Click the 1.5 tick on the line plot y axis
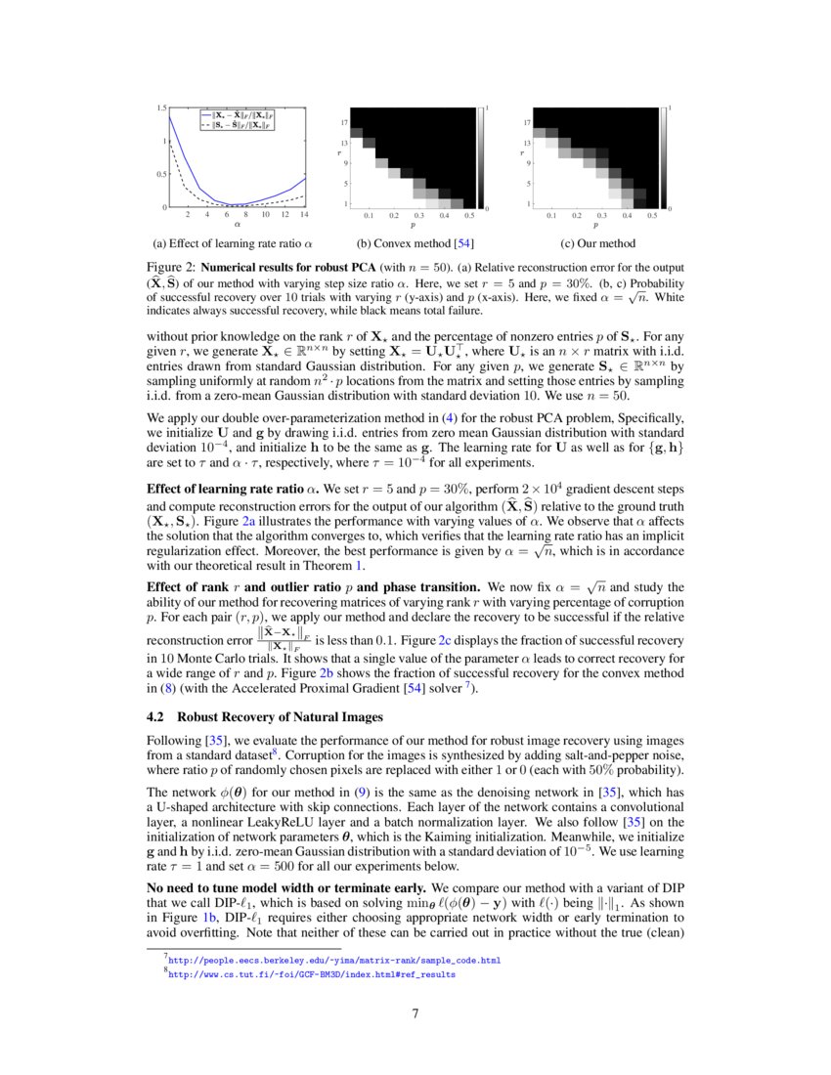point(161,107)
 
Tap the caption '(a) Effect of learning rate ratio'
point(233,243)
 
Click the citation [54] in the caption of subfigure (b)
point(459,243)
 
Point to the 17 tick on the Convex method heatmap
point(345,123)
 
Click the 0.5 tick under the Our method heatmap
point(652,215)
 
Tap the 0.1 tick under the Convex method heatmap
point(369,215)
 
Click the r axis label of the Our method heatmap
point(522,153)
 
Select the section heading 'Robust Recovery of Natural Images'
point(280,717)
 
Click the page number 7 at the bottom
point(415,1012)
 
